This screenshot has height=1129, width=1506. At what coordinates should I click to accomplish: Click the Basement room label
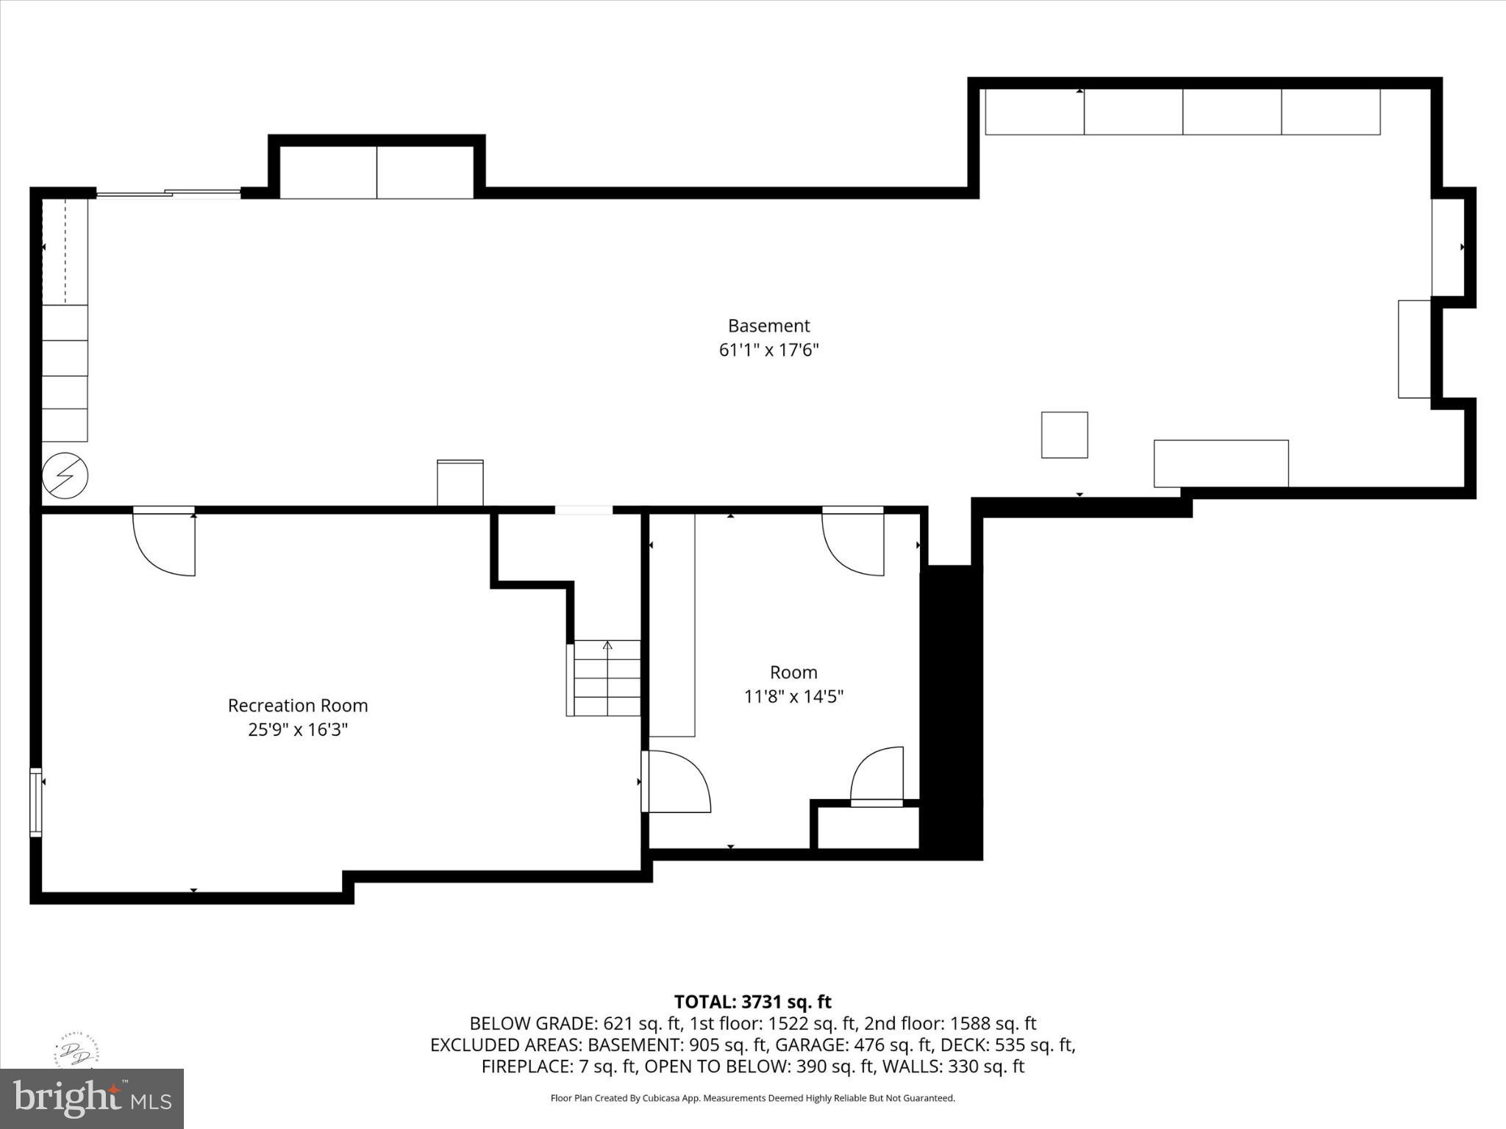768,326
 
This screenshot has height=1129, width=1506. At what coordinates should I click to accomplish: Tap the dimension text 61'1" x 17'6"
768,350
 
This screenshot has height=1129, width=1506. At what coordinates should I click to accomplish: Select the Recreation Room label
297,706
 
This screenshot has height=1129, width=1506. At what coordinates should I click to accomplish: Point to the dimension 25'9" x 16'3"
297,730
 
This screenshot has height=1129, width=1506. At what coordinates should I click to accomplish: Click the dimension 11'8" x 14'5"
793,696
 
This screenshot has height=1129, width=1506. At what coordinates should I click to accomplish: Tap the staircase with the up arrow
606,678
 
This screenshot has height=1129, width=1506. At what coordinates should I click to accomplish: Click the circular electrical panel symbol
65,476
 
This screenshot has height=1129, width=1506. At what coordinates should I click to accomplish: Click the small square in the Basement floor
1064,435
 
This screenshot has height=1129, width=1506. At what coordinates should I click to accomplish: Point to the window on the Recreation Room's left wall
35,802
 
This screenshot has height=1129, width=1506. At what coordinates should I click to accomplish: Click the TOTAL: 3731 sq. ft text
752,1002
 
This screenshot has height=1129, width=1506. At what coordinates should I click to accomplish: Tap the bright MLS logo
92,1098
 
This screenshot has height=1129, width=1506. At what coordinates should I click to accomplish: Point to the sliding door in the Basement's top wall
168,194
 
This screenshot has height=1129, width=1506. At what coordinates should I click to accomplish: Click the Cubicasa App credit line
752,1098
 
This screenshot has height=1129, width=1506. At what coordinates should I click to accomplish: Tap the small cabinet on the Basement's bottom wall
460,483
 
